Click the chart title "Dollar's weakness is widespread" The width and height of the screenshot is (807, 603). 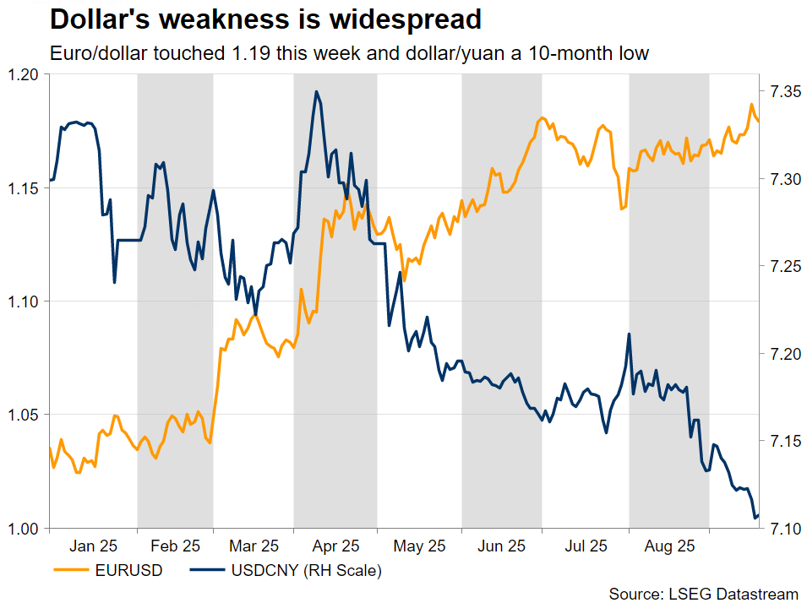click(265, 19)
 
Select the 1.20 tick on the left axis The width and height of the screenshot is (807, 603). click(25, 75)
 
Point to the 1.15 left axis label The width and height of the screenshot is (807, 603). click(25, 188)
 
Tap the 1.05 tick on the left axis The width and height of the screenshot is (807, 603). click(25, 415)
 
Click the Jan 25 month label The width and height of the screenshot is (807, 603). click(93, 546)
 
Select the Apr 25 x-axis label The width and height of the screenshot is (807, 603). click(336, 546)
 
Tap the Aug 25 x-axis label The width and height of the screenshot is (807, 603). click(668, 546)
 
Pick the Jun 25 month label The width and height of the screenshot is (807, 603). click(501, 546)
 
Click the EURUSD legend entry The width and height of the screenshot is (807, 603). click(108, 571)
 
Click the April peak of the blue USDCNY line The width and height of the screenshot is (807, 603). click(316, 91)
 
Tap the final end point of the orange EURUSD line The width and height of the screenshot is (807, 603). click(758, 121)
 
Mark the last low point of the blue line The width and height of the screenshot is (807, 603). click(755, 518)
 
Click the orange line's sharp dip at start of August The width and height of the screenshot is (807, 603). click(623, 209)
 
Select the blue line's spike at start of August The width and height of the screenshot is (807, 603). click(629, 334)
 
